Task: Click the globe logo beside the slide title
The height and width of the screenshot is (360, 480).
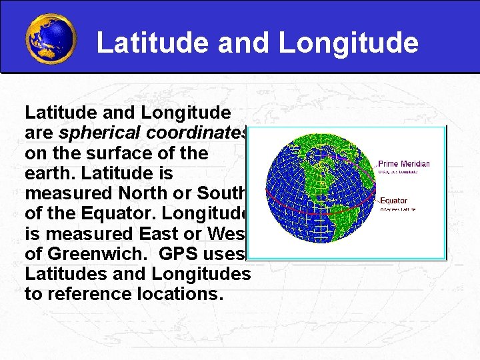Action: point(51,38)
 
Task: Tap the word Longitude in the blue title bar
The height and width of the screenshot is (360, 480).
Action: point(348,43)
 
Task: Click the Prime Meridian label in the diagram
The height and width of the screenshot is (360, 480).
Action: point(404,164)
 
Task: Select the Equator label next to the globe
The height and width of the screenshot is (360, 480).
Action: point(393,201)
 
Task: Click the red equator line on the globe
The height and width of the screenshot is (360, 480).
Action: point(313,203)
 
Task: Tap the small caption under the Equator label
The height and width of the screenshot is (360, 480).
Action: point(397,209)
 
